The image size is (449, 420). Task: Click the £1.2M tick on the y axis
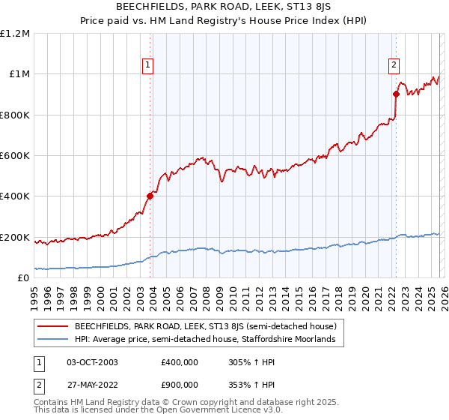coord(15,34)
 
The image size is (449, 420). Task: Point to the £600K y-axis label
coord(15,156)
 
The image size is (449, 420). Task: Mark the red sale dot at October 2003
coord(150,196)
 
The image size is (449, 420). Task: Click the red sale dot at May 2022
coord(396,94)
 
